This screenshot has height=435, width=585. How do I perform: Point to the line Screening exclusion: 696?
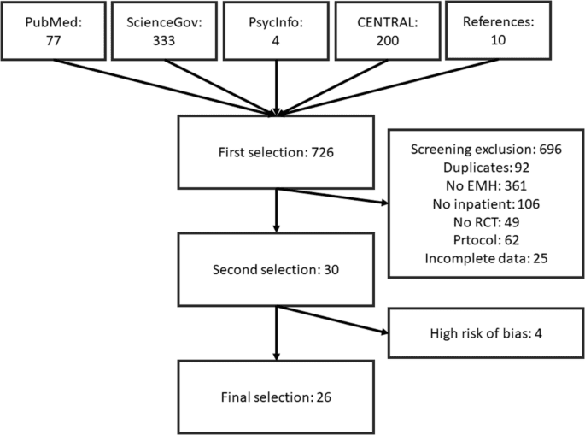pyautogui.click(x=484, y=148)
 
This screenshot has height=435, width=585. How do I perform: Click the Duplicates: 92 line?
pyautogui.click(x=484, y=168)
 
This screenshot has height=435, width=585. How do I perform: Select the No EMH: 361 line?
pyautogui.click(x=484, y=187)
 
